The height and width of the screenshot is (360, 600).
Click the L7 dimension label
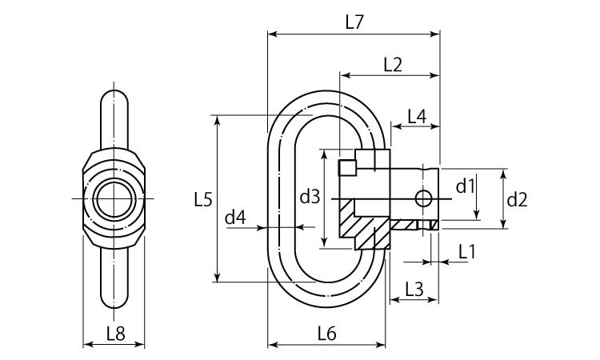pos(354,23)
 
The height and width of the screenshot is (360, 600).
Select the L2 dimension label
pos(392,66)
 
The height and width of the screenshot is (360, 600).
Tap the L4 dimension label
pos(416,115)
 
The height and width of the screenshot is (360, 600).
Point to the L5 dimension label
pos(203,199)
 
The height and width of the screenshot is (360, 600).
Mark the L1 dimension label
pos(466,252)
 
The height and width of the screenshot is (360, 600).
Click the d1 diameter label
pos(465,187)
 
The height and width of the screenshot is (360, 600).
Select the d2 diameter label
pos(518,199)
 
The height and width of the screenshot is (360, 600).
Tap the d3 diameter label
pos(309,196)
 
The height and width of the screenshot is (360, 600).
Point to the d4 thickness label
pos(234,217)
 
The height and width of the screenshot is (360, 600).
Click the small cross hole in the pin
pos(422,198)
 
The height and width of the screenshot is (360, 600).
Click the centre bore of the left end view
pos(114,198)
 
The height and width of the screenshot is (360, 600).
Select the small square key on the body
pos(347,167)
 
